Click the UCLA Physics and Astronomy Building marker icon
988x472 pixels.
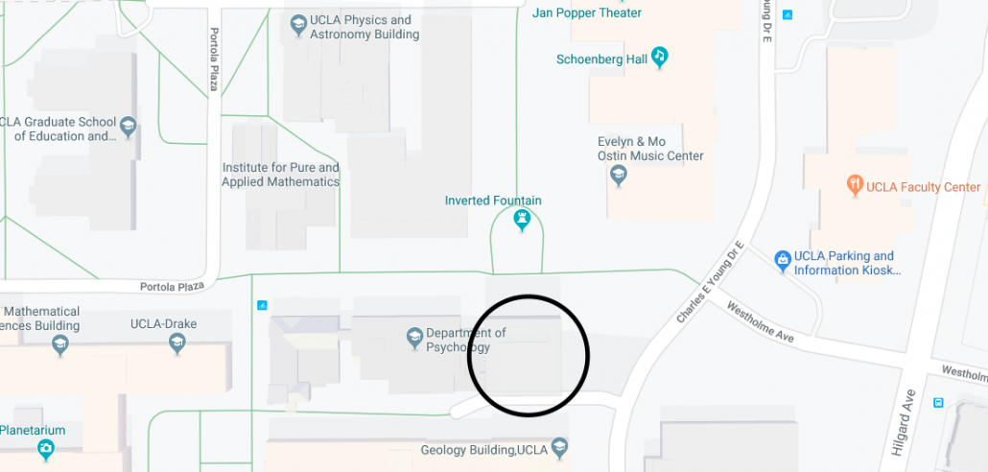coord(297,22)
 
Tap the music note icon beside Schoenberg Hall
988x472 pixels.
coord(659,57)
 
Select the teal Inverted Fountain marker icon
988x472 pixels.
coord(522,220)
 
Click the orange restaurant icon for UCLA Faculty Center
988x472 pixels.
coord(854,185)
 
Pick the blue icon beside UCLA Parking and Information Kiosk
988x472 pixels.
coord(783,258)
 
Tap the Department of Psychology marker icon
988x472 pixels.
coord(414,337)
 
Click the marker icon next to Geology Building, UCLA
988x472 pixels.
coord(560,447)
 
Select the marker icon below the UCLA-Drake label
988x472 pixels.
coord(177,344)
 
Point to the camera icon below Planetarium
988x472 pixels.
coord(45,449)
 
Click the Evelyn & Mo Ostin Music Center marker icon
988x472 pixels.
coord(619,176)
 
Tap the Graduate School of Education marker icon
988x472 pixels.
coord(128,126)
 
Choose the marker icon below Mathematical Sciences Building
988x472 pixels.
coord(60,344)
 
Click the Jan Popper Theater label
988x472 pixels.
coord(587,12)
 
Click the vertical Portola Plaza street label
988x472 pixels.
coord(214,60)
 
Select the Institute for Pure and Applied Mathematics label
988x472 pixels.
coord(281,175)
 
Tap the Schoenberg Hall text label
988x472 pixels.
coord(601,59)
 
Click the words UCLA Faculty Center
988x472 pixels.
coord(923,187)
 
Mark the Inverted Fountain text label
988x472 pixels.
coord(493,201)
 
